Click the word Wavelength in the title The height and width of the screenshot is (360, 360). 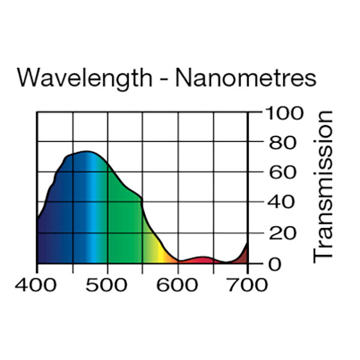pyautogui.click(x=85, y=79)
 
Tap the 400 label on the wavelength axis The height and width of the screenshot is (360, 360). pyautogui.click(x=37, y=284)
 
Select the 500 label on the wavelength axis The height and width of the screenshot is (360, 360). pyautogui.click(x=107, y=284)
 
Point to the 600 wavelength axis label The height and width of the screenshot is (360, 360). pyautogui.click(x=178, y=284)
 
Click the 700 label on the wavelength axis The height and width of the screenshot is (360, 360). pyautogui.click(x=248, y=284)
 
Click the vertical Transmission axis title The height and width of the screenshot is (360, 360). pyautogui.click(x=323, y=186)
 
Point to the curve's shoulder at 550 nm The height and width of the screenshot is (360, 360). pyautogui.click(x=142, y=198)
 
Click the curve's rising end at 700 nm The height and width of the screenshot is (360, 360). pyautogui.click(x=247, y=244)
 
